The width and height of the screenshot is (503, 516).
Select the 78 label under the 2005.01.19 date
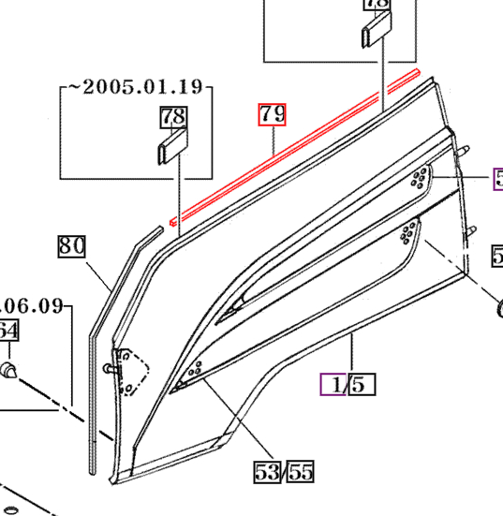point(174,117)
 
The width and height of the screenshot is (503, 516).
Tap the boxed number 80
point(71,246)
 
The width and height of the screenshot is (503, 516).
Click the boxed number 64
point(7,332)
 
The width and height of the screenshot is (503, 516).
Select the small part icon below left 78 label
point(173,148)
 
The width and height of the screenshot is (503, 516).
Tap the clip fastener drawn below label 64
point(10,368)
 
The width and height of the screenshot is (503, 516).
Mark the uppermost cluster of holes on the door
point(419,178)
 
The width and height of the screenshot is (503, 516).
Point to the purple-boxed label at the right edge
point(497,179)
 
